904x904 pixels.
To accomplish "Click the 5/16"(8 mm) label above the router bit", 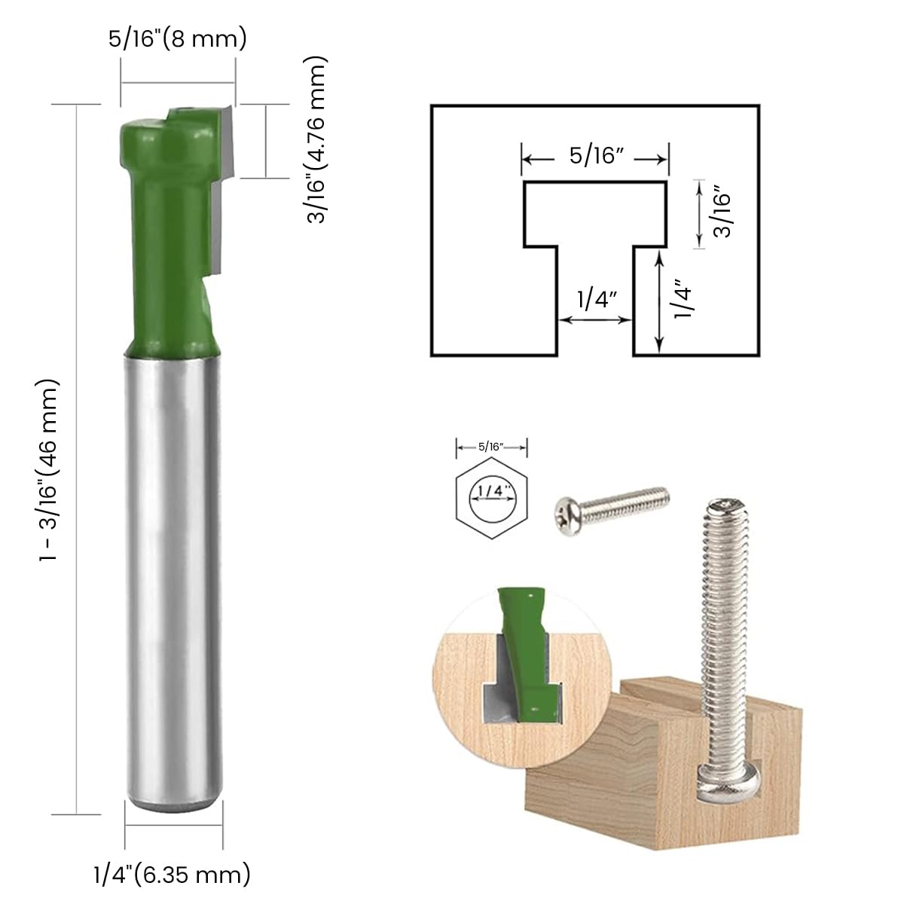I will tap(178, 39).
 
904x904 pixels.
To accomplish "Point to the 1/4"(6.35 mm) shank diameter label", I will tap(172, 875).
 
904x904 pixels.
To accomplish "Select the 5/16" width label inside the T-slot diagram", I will tap(594, 157).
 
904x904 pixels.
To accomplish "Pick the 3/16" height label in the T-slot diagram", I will tap(723, 213).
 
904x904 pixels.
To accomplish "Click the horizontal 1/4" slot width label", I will tap(594, 300).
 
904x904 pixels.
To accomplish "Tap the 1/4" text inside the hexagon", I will tap(491, 490).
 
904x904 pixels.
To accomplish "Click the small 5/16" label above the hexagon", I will tap(491, 447).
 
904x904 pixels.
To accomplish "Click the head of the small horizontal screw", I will tap(567, 517).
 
